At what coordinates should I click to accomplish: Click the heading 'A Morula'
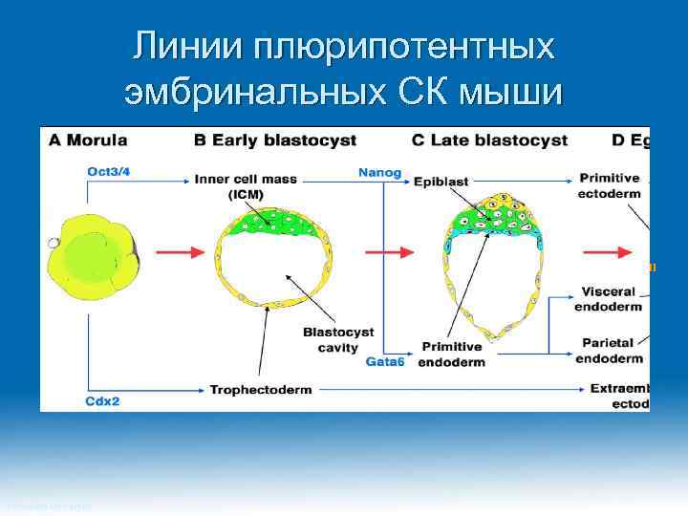(x=88, y=140)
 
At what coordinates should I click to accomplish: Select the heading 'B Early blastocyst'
(x=275, y=140)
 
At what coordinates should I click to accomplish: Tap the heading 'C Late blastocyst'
(x=489, y=140)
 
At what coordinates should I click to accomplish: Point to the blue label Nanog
(x=379, y=173)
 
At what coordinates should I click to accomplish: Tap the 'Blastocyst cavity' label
(x=324, y=340)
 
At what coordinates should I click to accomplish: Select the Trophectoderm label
(x=262, y=390)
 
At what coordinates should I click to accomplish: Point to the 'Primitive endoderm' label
(x=452, y=354)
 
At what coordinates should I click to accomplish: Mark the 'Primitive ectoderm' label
(x=609, y=185)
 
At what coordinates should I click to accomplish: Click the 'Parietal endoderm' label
(x=609, y=350)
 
